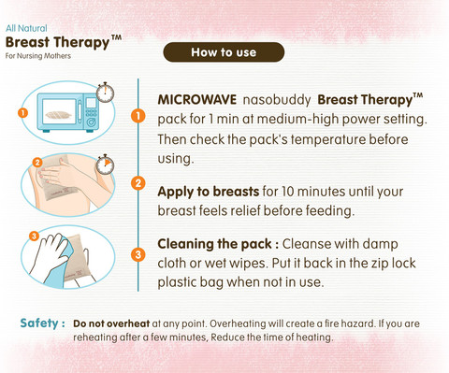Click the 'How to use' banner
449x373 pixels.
(x=224, y=52)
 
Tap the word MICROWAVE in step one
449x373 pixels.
(x=197, y=100)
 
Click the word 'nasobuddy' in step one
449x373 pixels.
(x=277, y=100)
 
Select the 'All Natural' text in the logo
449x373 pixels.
(x=26, y=28)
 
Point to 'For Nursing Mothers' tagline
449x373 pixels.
(x=38, y=56)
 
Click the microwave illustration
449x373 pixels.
(x=68, y=112)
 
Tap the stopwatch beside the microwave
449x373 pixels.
(x=105, y=93)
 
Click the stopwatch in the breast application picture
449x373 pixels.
(x=105, y=165)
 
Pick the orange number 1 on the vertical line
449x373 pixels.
(x=138, y=116)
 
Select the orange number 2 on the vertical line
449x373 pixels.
(x=138, y=182)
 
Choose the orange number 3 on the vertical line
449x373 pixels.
(x=138, y=255)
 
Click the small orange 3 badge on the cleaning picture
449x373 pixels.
(x=34, y=236)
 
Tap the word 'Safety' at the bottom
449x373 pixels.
(x=39, y=323)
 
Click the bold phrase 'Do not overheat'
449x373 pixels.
(x=111, y=323)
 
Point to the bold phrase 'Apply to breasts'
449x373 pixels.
(x=209, y=192)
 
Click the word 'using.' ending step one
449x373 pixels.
(x=176, y=159)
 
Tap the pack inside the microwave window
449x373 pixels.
(x=58, y=115)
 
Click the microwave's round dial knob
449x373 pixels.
(x=91, y=122)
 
